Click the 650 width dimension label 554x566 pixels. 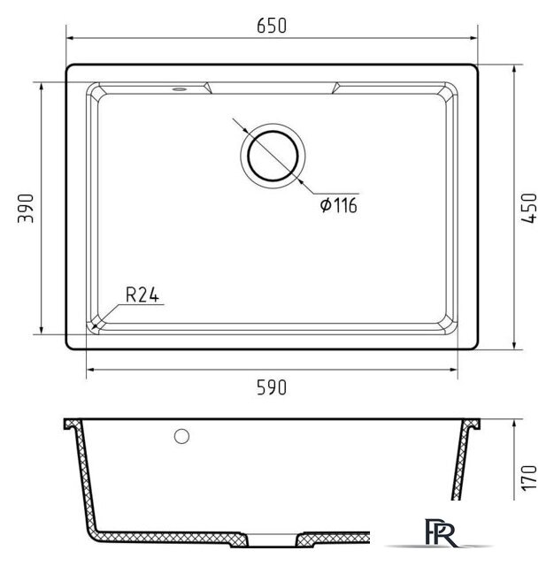[x=272, y=26]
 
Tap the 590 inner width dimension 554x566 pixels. [x=272, y=387]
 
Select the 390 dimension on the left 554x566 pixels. [x=26, y=209]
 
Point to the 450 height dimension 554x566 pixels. [x=529, y=208]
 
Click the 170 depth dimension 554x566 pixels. [x=529, y=478]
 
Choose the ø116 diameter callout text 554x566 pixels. [x=339, y=205]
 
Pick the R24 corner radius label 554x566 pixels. [x=142, y=294]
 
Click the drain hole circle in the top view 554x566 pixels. [x=273, y=156]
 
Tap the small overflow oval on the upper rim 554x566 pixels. [x=179, y=88]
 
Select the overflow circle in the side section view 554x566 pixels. [x=181, y=436]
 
